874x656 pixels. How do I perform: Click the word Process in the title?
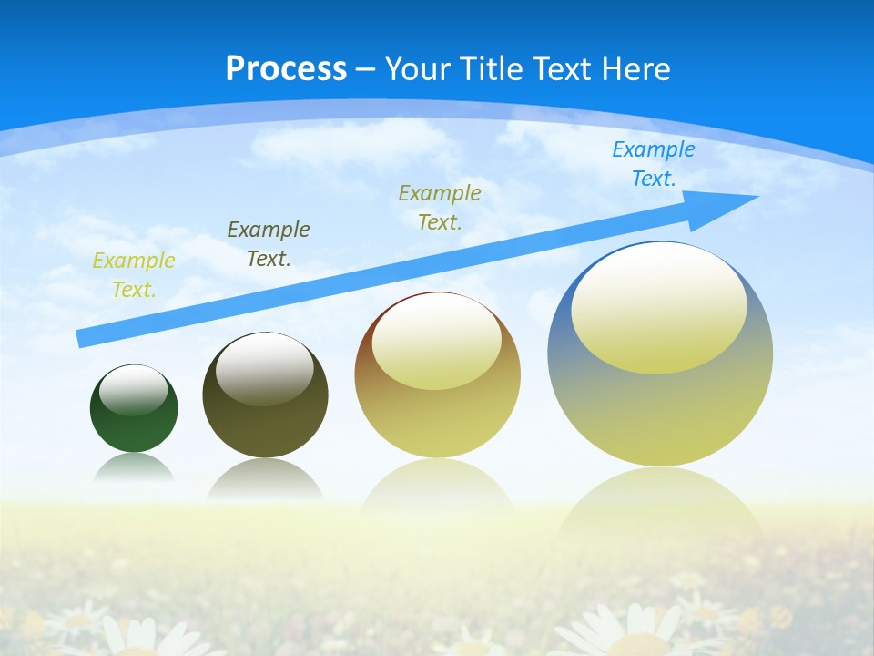click(286, 69)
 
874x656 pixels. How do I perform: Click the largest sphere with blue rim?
click(660, 410)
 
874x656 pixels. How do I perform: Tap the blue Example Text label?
click(653, 164)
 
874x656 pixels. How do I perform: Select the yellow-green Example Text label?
click(133, 274)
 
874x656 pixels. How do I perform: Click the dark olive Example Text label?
click(268, 243)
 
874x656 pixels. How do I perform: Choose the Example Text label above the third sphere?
click(440, 207)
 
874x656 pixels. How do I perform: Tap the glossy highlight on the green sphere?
click(134, 389)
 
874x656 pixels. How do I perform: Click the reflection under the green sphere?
click(134, 468)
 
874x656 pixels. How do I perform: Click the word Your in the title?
click(416, 69)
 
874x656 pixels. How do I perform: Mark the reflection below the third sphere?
click(437, 487)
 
